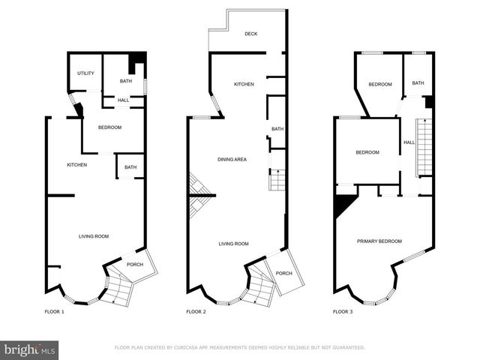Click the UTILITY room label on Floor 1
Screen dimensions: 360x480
(84, 73)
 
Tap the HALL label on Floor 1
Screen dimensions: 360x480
(123, 100)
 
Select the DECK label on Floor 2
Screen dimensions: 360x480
(252, 34)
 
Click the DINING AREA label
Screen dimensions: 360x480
(232, 159)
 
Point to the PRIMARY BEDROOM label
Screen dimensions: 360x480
(379, 241)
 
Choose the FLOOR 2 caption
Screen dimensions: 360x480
(196, 311)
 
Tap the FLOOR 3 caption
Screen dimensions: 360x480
(342, 311)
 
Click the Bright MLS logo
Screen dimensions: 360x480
(29, 349)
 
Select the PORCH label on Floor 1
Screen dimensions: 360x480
(134, 264)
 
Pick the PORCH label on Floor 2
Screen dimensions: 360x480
(283, 273)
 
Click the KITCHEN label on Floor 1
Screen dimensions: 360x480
(77, 165)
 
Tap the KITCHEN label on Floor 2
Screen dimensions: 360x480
(244, 84)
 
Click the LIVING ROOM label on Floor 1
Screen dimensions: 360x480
(94, 236)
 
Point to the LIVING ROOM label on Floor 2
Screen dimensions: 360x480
(233, 244)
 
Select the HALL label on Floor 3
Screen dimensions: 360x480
(409, 142)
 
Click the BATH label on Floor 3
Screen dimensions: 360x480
(418, 83)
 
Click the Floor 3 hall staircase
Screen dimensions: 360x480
(425, 147)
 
